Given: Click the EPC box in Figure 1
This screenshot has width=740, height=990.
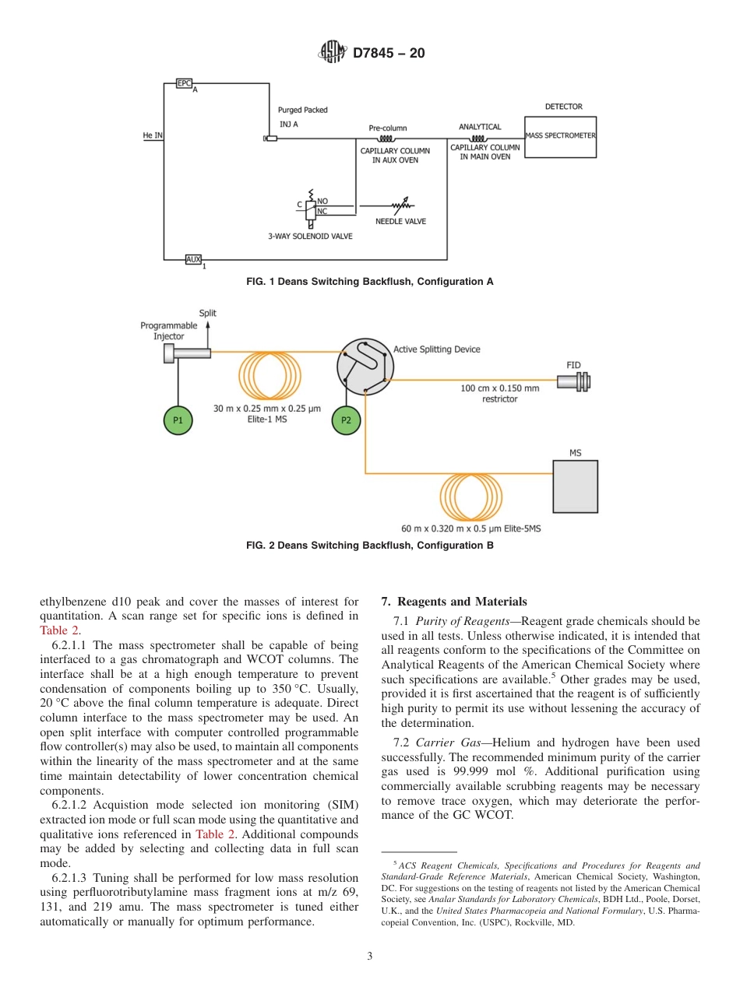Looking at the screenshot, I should pyautogui.click(x=184, y=83).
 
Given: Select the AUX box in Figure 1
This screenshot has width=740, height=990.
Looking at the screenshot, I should pyautogui.click(x=193, y=259).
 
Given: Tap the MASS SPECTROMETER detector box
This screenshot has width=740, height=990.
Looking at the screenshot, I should pyautogui.click(x=560, y=136).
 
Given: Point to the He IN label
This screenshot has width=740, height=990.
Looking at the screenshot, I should pyautogui.click(x=153, y=135).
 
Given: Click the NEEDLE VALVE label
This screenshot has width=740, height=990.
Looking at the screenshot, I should pyautogui.click(x=400, y=221).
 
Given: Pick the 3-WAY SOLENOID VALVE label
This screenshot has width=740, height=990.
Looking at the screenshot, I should pyautogui.click(x=310, y=236).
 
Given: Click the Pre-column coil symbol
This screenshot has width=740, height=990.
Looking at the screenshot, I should pyautogui.click(x=387, y=139).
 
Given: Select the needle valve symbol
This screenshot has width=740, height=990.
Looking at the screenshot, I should pyautogui.click(x=401, y=206).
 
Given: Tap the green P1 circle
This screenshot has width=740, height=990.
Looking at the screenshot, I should pyautogui.click(x=178, y=420).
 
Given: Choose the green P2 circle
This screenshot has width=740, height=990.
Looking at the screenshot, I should pyautogui.click(x=347, y=420).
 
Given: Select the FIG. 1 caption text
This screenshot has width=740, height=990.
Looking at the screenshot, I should pyautogui.click(x=369, y=281).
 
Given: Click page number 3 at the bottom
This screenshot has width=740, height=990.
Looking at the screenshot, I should pyautogui.click(x=369, y=957).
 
